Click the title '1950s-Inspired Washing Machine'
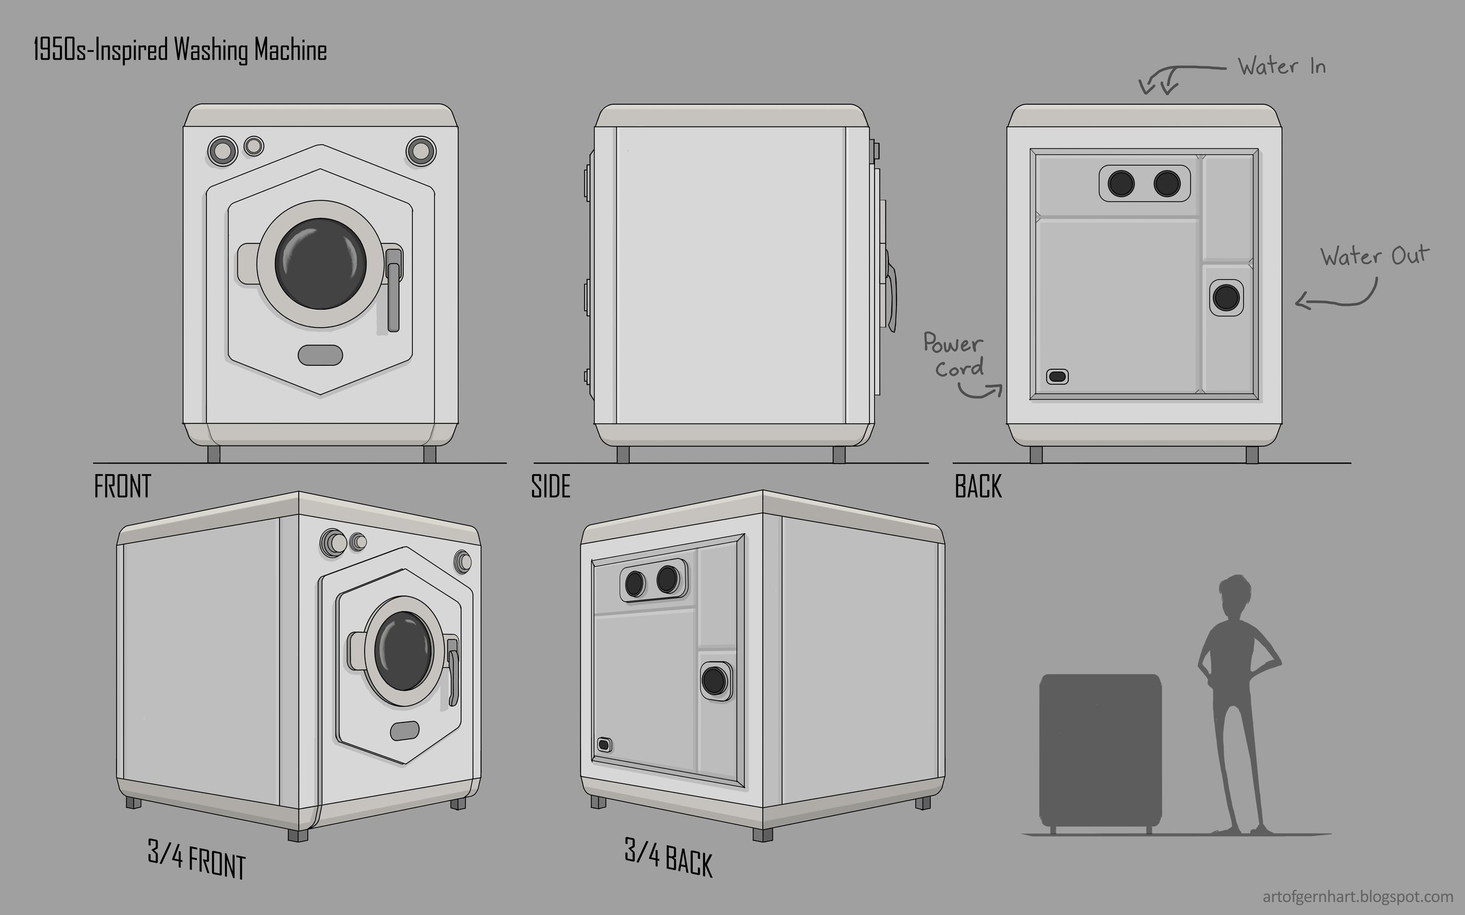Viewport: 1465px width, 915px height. click(180, 50)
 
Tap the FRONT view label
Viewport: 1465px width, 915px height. click(122, 486)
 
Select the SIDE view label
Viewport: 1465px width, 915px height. click(550, 486)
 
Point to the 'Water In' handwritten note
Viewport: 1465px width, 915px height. click(1281, 67)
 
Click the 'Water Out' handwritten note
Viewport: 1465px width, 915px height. click(1374, 256)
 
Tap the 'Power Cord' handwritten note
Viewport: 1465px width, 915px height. click(955, 356)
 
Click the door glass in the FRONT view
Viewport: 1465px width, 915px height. click(321, 264)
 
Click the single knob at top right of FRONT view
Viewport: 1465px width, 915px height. click(421, 150)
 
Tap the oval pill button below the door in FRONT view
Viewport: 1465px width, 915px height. click(321, 355)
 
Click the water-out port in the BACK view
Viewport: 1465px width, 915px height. click(1227, 298)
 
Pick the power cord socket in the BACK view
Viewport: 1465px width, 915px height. click(1057, 376)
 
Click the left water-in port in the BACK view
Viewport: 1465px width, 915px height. click(1121, 183)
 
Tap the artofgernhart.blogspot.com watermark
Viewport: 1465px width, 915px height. click(1358, 896)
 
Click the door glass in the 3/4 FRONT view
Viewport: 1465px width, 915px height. click(403, 650)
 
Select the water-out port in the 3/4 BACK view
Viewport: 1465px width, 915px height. click(714, 681)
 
